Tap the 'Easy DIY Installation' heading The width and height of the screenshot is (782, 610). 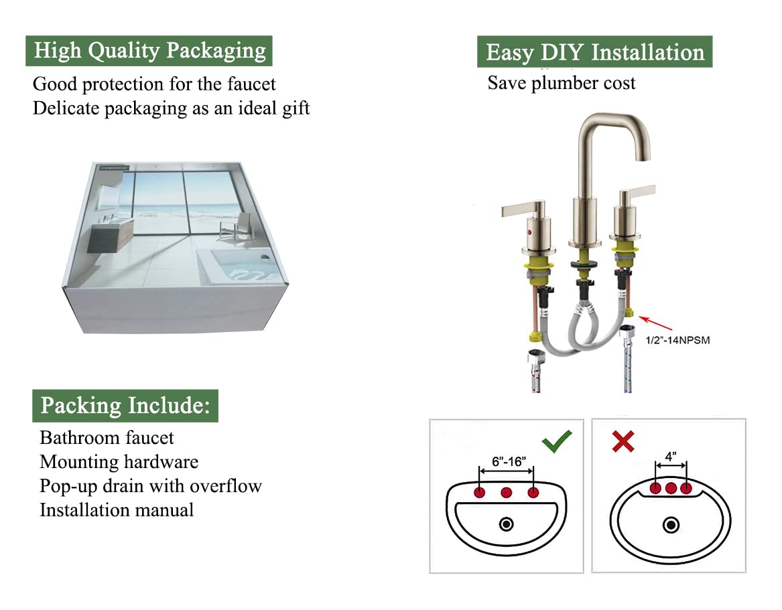click(594, 52)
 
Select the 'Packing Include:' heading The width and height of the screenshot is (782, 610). click(125, 405)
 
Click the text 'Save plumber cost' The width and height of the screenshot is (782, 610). click(561, 83)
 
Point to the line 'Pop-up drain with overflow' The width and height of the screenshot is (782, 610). click(150, 485)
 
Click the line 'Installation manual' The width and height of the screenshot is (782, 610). click(117, 510)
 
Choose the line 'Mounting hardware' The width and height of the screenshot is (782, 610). click(119, 461)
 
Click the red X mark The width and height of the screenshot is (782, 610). click(623, 441)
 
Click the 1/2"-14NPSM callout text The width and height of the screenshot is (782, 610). click(677, 340)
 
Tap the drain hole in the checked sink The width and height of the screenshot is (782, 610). click(507, 524)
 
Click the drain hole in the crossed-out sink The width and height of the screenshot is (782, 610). click(671, 524)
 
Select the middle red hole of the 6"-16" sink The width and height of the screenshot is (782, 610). click(507, 493)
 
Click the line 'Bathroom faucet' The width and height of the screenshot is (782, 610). click(107, 437)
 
